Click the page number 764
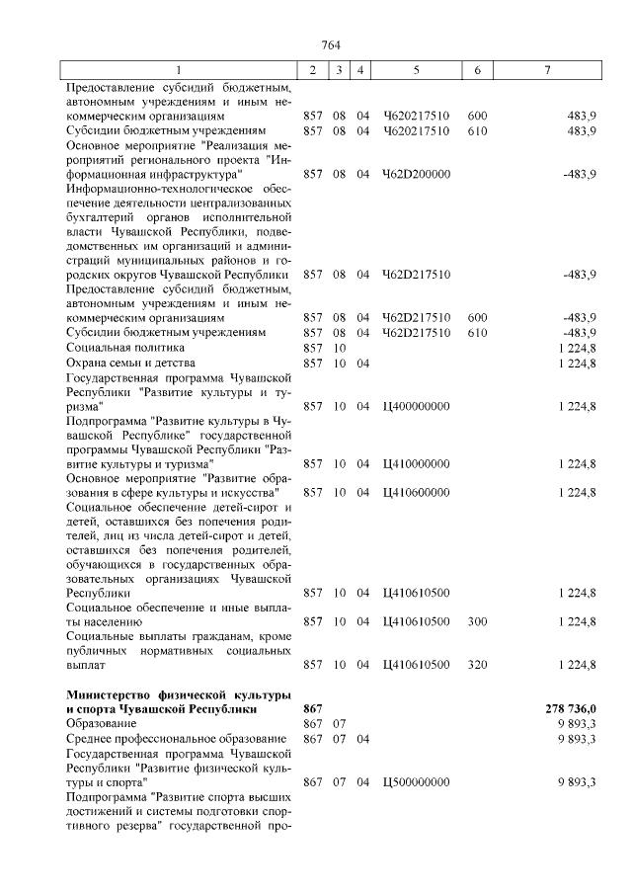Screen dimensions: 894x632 coord(331,44)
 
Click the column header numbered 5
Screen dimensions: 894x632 coord(416,70)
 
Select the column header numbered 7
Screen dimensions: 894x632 coord(548,70)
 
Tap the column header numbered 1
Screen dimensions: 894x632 coord(179,70)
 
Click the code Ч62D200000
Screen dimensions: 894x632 coord(416,174)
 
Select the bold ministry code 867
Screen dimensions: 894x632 coord(313,709)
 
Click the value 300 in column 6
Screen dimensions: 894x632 coord(477,621)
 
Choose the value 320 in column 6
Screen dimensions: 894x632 coord(477,665)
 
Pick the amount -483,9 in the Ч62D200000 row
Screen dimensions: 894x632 coord(578,174)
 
